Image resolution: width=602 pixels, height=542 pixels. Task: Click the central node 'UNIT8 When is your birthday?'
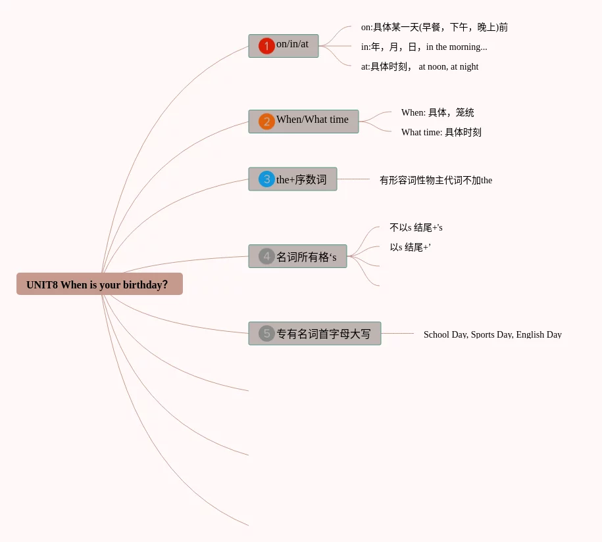(x=99, y=284)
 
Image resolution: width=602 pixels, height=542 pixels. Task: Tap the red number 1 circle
(x=266, y=46)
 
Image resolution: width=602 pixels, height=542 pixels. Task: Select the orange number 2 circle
(x=266, y=122)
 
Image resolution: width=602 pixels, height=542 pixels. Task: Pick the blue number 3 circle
(x=266, y=179)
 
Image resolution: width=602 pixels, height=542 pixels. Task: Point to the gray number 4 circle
(x=266, y=256)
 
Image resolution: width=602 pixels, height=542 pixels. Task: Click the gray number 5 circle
(x=266, y=333)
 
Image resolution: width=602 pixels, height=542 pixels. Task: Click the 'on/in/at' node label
(x=292, y=44)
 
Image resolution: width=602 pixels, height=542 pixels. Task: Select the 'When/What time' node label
(x=313, y=120)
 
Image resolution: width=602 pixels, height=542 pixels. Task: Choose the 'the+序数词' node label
(x=301, y=179)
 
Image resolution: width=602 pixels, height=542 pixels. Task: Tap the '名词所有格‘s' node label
(x=306, y=257)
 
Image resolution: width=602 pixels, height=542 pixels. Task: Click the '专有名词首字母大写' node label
(x=323, y=334)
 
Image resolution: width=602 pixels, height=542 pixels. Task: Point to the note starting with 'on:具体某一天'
(x=434, y=27)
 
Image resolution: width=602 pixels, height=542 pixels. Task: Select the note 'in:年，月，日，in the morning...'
(x=424, y=47)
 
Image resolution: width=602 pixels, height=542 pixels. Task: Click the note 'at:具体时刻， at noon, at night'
(x=419, y=66)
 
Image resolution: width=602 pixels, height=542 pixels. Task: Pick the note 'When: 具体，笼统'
(x=438, y=112)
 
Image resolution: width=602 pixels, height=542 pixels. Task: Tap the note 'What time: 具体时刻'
(x=441, y=132)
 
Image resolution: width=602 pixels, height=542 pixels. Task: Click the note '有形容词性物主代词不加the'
(x=436, y=180)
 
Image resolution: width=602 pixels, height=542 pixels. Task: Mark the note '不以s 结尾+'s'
(x=416, y=227)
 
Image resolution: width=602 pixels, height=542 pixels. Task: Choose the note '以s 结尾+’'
(x=410, y=247)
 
